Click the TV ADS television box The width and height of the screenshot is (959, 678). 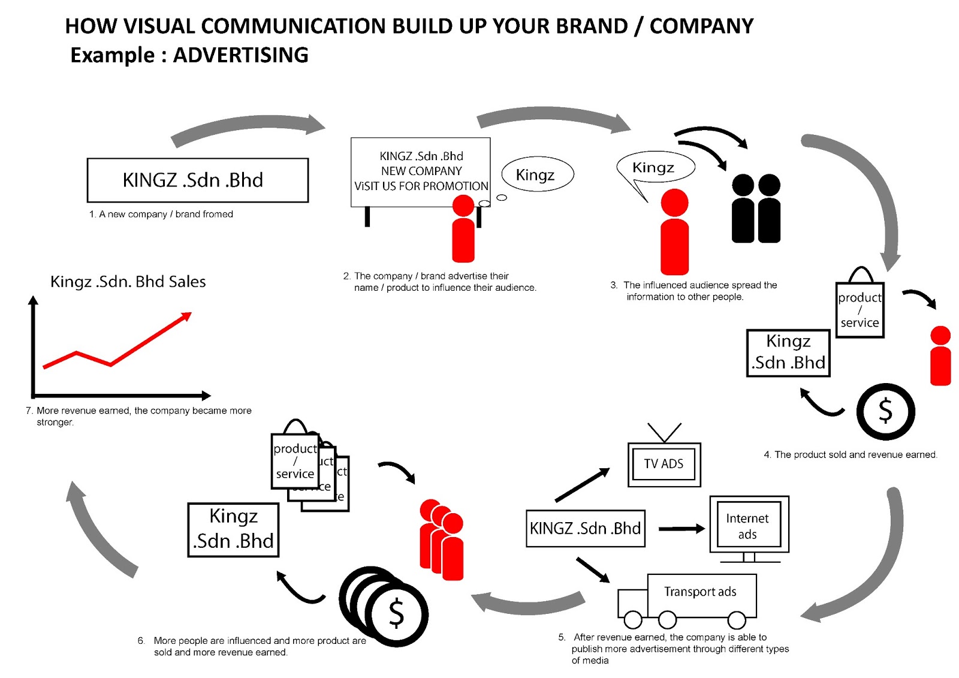click(664, 464)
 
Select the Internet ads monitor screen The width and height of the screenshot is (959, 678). click(748, 526)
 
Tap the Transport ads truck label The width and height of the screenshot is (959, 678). click(700, 592)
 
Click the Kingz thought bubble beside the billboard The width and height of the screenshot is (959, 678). click(536, 174)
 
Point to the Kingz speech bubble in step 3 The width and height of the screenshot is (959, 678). click(654, 167)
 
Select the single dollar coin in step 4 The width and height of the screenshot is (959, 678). click(885, 412)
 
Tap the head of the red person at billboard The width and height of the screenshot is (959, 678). click(463, 206)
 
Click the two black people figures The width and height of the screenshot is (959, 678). click(756, 209)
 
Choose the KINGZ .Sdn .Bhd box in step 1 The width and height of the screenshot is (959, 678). click(197, 180)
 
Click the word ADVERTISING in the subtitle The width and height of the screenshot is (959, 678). click(240, 55)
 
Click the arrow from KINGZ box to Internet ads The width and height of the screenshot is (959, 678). click(681, 529)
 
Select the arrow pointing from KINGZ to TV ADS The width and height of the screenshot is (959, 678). click(581, 485)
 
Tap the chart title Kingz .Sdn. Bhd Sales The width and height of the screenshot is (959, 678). click(128, 282)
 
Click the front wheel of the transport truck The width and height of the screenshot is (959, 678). click(632, 619)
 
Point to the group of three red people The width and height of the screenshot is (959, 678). click(442, 540)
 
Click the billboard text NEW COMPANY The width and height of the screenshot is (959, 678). click(421, 171)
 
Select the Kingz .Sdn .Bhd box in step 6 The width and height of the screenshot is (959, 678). click(233, 529)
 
